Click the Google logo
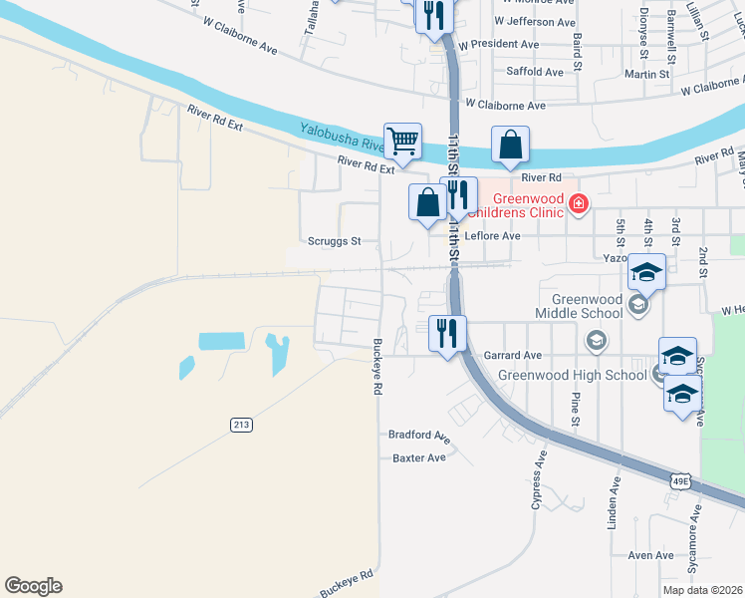33,586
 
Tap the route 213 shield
241,425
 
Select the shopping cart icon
402,142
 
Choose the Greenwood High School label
572,375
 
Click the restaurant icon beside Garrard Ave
447,333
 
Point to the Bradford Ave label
419,437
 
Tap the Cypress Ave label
540,477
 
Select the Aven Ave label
651,555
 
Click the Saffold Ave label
535,72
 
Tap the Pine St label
576,410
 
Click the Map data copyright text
702,590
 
